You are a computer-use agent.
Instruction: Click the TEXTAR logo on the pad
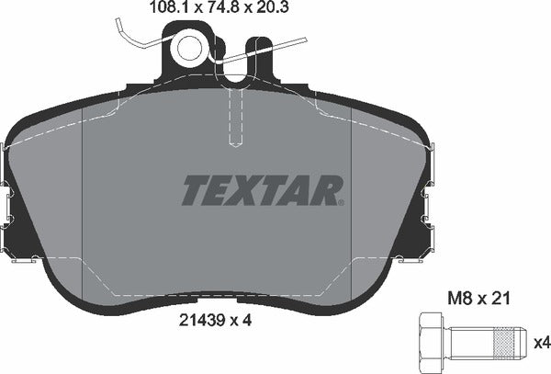tap(262, 190)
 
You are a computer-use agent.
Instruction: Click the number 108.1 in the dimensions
tap(172, 10)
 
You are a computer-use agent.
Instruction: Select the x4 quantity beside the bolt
tap(541, 344)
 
